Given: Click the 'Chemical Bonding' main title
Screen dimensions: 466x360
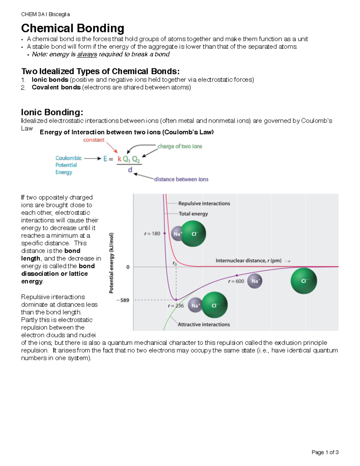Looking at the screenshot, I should tap(73, 28).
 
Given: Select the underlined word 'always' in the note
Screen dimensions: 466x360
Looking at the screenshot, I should tap(87, 54).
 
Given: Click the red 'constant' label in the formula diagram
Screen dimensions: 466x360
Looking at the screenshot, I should tap(94, 140).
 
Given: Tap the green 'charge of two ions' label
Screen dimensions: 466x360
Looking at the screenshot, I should tap(180, 146).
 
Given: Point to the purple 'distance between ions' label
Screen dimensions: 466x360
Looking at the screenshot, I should tap(181, 179).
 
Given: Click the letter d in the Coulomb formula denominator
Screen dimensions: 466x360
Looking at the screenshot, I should tap(130, 170).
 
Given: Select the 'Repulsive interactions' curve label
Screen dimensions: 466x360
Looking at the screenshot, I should tap(204, 203).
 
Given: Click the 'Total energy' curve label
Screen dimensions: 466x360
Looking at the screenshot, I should tap(193, 214).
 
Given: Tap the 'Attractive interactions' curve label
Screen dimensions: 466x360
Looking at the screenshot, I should tap(204, 324).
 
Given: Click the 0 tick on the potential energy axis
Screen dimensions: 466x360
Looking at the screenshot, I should tap(128, 267).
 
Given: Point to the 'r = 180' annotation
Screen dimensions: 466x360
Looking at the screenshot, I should tap(152, 233).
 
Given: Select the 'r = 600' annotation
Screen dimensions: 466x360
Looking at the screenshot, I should tap(236, 281).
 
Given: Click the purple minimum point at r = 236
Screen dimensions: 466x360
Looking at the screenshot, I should tap(176, 299).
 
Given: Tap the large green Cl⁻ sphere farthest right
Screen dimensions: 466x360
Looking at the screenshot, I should tap(304, 281).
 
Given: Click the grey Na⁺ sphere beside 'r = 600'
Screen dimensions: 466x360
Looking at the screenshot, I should tap(255, 281).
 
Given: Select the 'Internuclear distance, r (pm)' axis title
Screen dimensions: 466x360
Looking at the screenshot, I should tap(248, 260).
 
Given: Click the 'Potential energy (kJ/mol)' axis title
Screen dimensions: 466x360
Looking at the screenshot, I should tap(111, 263).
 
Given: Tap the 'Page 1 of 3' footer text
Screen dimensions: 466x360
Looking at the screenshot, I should tap(325, 452).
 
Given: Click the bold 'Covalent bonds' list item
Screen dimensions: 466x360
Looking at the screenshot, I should tap(56, 87).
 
